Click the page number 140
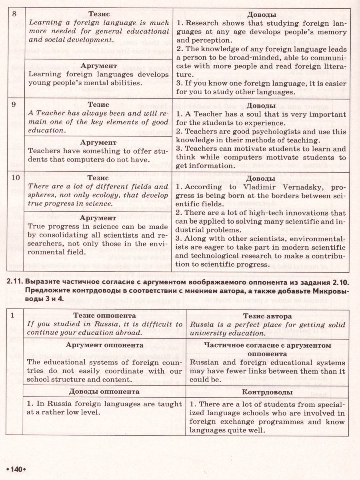pos(17,468)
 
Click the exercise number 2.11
pos(14,284)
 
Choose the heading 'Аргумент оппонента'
pos(104,344)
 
